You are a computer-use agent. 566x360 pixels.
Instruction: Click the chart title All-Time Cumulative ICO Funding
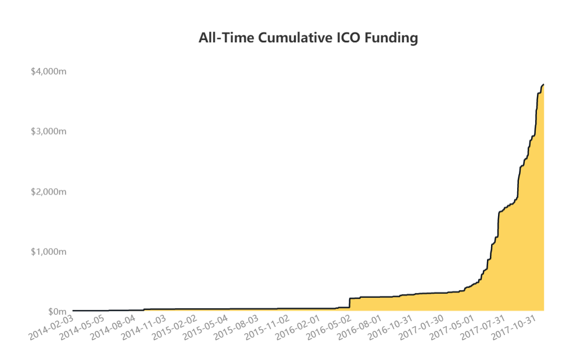point(308,38)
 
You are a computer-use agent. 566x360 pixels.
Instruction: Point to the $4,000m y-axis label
point(49,71)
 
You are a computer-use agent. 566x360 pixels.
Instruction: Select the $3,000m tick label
point(49,131)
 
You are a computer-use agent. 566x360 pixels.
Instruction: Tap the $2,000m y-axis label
point(49,192)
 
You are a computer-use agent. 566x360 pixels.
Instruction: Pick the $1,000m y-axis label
point(49,251)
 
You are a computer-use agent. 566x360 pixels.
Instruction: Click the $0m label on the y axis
point(58,312)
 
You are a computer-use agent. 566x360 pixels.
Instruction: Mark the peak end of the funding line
point(543,85)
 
